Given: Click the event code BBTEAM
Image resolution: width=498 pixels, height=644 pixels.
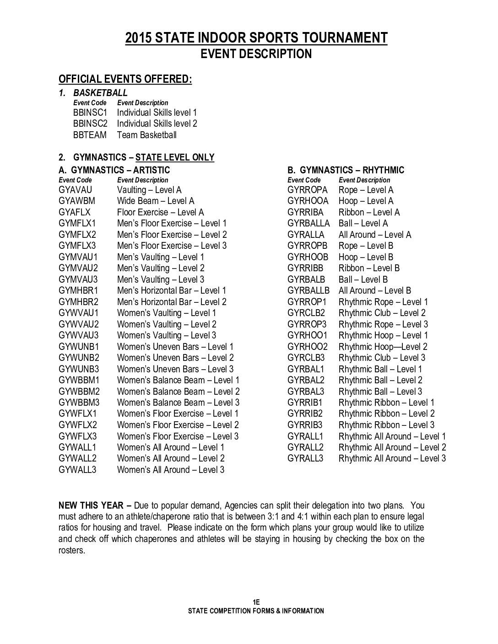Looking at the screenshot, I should (x=90, y=135).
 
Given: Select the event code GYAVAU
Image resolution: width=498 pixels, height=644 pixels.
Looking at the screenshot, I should (x=76, y=190).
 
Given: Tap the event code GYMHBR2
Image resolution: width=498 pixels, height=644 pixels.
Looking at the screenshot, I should (x=78, y=302).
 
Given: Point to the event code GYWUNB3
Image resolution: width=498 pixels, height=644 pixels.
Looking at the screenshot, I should (x=79, y=369).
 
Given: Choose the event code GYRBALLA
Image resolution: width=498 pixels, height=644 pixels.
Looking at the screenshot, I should (x=309, y=223).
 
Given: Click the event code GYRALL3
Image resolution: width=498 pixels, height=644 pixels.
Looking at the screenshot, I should (x=305, y=458).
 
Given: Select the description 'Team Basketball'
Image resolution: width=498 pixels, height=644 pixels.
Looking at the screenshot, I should (x=146, y=135).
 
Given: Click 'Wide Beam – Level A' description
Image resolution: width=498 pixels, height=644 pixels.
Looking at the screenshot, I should (x=156, y=201).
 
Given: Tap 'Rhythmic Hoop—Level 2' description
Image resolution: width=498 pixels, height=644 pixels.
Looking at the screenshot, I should (x=383, y=347).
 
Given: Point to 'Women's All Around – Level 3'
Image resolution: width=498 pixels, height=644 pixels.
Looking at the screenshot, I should (x=171, y=470).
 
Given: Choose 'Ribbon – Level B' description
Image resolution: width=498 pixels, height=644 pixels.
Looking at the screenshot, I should (x=369, y=268).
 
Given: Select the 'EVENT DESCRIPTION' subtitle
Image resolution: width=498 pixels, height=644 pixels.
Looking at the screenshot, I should (x=256, y=54).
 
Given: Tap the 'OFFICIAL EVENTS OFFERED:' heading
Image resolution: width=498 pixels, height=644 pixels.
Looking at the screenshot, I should (x=125, y=79).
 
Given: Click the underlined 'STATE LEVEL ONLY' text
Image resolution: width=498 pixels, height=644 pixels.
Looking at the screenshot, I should (x=175, y=157).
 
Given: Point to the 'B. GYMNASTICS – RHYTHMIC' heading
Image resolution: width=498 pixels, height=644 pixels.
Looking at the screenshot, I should (x=346, y=170).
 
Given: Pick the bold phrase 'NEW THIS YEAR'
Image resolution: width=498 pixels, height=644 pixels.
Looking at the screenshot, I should (x=91, y=505).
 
